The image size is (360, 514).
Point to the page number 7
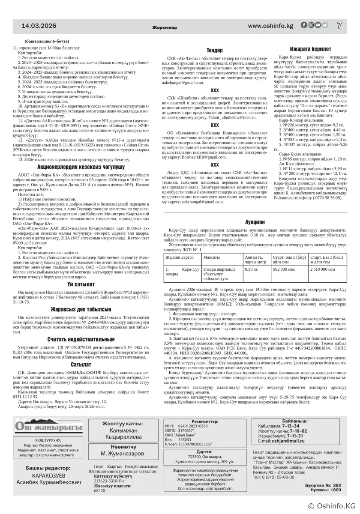coord(339,25)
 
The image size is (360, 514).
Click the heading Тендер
coord(214,50)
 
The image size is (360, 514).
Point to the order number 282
coord(336,485)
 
